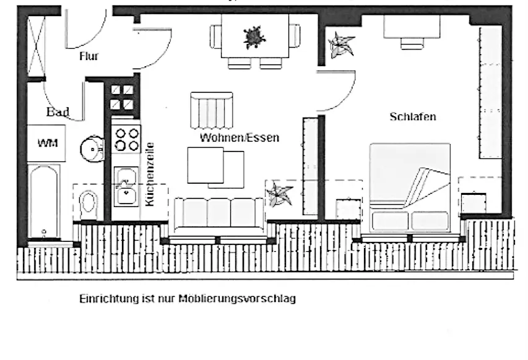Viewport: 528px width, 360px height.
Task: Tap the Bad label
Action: [58, 112]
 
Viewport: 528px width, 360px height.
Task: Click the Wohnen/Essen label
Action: [239, 138]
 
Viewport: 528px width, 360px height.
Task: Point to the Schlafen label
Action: [413, 117]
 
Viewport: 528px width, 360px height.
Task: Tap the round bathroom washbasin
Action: [92, 148]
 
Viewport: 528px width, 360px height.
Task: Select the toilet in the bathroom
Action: [90, 204]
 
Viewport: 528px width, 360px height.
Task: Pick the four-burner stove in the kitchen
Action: [126, 139]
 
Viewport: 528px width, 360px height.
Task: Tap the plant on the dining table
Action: [253, 38]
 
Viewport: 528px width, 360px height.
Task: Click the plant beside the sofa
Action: [280, 195]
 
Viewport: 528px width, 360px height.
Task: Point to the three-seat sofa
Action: [220, 213]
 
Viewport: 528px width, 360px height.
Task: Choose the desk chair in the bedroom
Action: [410, 43]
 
